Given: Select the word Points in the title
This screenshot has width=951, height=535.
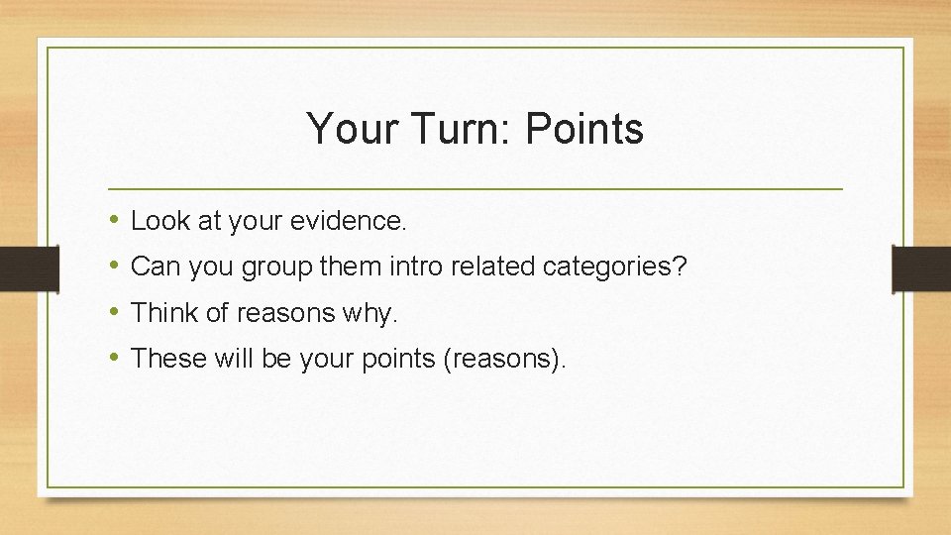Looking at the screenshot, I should click(x=584, y=129).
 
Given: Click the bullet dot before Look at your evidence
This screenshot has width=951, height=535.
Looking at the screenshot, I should click(x=116, y=220).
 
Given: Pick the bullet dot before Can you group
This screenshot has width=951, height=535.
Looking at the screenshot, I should click(x=116, y=266).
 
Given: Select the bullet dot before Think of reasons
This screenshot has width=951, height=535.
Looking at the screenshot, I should click(x=116, y=312).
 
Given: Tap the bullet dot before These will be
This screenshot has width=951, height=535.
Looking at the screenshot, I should click(x=116, y=358).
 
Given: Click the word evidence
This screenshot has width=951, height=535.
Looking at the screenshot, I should click(x=348, y=221).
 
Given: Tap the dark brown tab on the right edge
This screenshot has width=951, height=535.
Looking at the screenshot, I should click(x=921, y=267).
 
